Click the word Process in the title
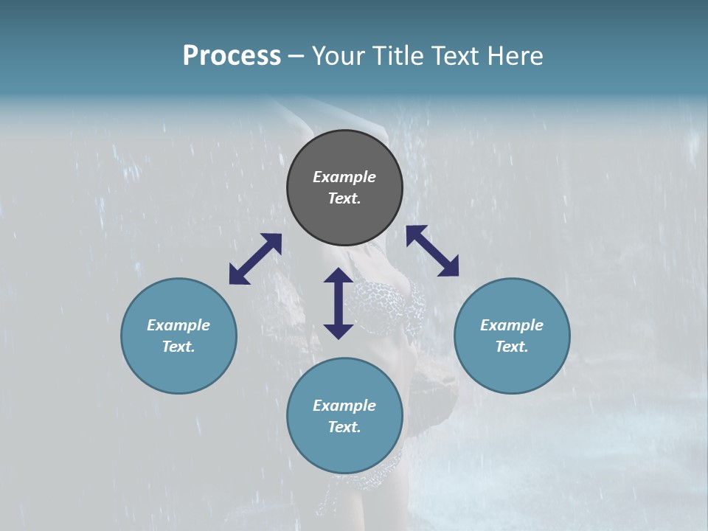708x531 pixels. point(232,56)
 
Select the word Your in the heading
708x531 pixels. point(340,56)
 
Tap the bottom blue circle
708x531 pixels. point(344,450)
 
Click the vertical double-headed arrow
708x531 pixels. point(339,303)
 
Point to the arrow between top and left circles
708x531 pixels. point(255,259)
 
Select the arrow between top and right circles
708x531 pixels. point(432,251)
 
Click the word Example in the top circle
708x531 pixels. point(344,177)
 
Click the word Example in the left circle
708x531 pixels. point(178,325)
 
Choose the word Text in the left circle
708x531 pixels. point(178,347)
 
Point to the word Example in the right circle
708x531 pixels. point(512,325)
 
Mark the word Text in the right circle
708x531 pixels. point(512,347)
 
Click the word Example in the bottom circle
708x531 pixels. point(344,406)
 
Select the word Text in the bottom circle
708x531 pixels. point(344,427)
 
